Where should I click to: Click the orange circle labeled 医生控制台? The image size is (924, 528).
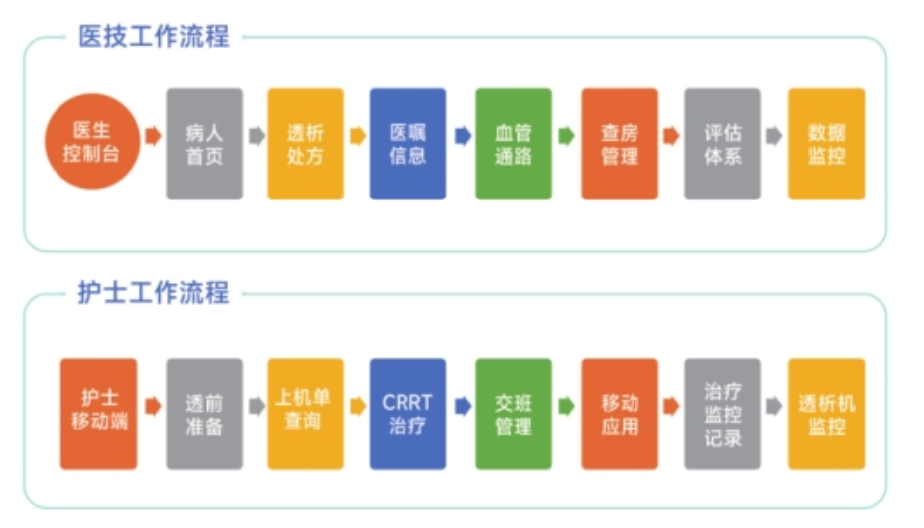92,142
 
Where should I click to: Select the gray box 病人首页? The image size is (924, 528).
204,144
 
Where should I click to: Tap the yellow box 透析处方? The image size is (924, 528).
305,144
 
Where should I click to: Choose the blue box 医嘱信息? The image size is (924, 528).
407,144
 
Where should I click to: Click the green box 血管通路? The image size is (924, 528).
514,144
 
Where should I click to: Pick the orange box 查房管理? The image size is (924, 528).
620,144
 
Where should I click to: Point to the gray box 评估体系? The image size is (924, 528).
723,144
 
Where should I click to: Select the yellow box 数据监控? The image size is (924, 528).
826,144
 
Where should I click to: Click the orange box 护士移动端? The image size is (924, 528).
98,414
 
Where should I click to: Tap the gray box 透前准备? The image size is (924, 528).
204,414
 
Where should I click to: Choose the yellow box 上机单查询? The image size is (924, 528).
305,414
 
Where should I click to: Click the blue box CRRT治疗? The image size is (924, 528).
407,414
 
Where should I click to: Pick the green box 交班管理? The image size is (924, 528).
514,414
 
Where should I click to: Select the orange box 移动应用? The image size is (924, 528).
620,414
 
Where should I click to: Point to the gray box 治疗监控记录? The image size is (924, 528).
723,414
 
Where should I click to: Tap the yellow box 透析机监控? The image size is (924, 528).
826,414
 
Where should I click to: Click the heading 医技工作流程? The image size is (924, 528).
154,36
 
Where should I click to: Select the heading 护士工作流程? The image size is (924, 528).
154,292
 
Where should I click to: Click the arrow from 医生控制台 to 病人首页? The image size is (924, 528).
154,136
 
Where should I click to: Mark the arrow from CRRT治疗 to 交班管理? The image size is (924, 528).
463,406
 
